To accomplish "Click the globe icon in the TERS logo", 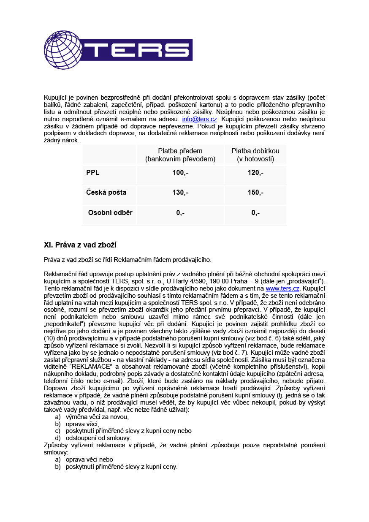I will point(63,50).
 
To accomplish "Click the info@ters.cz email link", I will point(199,120).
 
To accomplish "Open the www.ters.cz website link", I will point(282,288).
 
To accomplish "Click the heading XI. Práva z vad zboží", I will point(80,245).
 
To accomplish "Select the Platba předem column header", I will point(180,155).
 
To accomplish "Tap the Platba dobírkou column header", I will point(255,155).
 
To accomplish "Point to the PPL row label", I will point(93,173).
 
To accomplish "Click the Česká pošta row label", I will point(106,193).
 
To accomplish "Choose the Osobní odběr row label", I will point(110,213).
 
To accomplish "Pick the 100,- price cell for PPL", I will point(180,173).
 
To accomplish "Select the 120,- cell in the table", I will point(255,173).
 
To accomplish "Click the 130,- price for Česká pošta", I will point(180,193).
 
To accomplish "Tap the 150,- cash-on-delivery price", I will point(255,193).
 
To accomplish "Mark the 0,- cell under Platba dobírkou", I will point(255,213).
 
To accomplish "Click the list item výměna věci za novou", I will point(97,417).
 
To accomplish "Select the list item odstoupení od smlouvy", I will point(98,438).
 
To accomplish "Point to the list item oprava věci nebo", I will point(90,459).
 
